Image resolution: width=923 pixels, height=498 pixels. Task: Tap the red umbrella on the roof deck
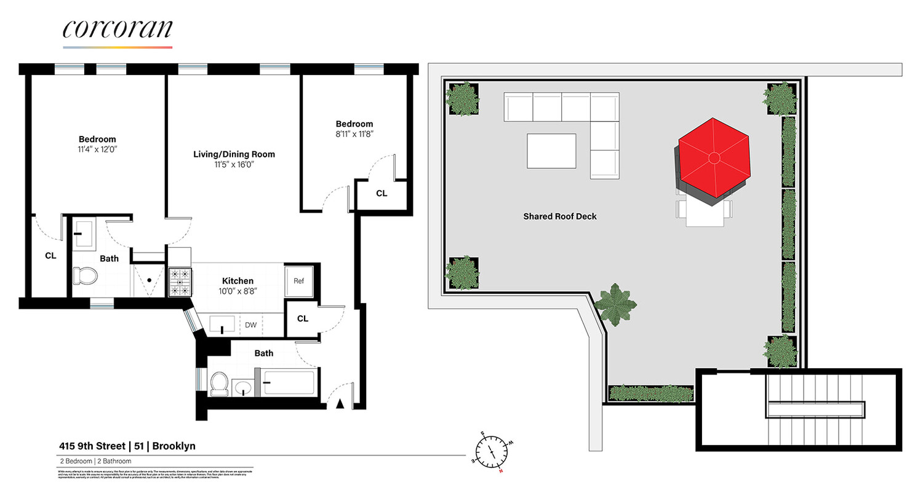pos(714,159)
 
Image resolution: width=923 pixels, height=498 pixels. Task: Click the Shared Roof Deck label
pos(559,216)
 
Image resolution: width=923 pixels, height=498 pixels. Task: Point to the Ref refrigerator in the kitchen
pos(298,281)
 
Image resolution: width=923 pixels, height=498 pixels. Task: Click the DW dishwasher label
pos(250,324)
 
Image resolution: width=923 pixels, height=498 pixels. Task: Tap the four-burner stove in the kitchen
pos(179,282)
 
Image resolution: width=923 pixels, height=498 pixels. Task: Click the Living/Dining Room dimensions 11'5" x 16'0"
pos(231,165)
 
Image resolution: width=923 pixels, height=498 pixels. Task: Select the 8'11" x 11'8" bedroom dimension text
pos(354,133)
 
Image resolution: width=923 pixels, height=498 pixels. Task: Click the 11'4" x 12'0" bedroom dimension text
pos(97,149)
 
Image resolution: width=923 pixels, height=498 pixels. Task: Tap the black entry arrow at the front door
pos(339,403)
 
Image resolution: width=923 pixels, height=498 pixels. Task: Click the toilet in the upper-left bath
pos(85,276)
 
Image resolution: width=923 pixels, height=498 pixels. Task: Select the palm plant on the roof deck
pos(615,304)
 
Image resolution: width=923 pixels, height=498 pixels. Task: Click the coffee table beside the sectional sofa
pos(551,151)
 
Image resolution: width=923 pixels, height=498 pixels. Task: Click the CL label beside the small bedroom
pos(382,194)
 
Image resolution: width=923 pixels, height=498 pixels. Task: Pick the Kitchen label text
pos(238,281)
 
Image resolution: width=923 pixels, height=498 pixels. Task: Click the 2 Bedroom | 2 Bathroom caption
pos(91,460)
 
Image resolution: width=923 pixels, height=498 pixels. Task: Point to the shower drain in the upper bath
pos(149,280)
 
